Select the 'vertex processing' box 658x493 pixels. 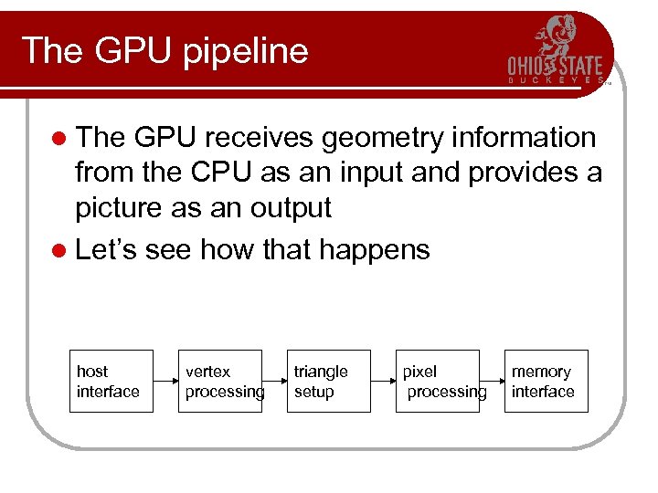click(x=219, y=382)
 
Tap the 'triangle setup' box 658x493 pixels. click(x=329, y=382)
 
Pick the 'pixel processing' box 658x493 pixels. click(x=437, y=382)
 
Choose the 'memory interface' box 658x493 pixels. click(x=546, y=382)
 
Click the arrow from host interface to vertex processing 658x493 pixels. click(x=164, y=382)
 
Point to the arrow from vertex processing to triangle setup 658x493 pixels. click(x=274, y=382)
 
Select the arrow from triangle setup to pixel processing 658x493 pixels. click(x=383, y=382)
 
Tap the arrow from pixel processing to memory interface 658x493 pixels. click(x=492, y=382)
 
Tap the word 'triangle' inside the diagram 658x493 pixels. click(x=321, y=372)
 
